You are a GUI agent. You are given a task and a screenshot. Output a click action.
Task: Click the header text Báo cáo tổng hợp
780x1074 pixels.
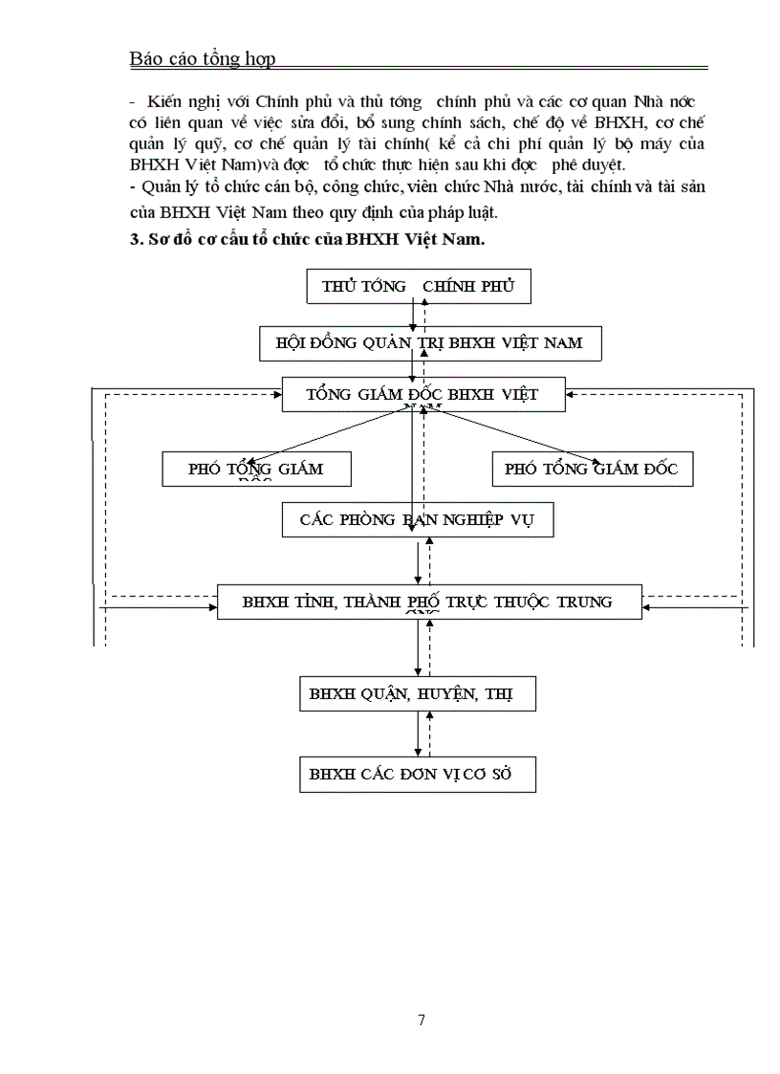(202, 59)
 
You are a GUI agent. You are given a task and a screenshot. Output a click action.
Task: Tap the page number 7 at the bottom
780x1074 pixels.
(422, 1019)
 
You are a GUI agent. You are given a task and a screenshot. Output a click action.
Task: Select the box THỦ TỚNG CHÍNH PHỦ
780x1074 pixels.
(418, 286)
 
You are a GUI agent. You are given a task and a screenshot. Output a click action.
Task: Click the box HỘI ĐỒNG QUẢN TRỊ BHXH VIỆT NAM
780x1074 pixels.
(430, 342)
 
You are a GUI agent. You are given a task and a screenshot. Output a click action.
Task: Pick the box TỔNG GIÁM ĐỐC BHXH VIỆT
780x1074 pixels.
(422, 394)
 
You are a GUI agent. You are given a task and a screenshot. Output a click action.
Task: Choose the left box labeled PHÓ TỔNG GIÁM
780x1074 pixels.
(256, 469)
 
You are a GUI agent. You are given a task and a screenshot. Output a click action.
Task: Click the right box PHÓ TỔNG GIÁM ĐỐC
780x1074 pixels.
(591, 469)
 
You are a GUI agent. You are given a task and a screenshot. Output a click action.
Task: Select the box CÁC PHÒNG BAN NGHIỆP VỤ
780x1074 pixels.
(418, 520)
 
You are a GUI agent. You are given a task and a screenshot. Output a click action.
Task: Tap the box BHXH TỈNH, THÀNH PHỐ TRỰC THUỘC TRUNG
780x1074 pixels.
(428, 602)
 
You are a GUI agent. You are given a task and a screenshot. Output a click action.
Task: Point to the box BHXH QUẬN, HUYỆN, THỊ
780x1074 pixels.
(418, 693)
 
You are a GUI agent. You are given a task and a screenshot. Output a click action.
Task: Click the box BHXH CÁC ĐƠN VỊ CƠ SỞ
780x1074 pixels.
(418, 774)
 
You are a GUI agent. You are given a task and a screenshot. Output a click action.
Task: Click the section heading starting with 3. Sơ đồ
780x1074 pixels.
(307, 240)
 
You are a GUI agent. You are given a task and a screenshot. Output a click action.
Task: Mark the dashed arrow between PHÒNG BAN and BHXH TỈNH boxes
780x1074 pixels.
(430, 561)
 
